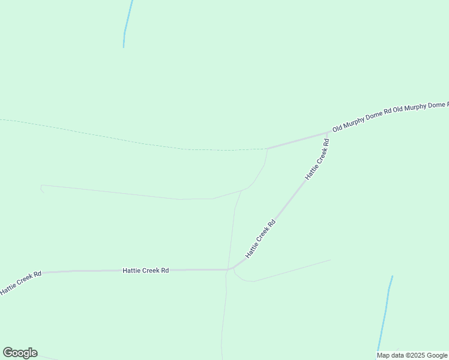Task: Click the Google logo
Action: pos(20,353)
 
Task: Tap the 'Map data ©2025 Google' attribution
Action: pos(412,355)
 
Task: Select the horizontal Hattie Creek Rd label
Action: pos(145,271)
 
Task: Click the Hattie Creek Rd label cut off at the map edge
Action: pos(20,283)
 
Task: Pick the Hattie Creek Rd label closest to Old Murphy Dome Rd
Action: pos(318,160)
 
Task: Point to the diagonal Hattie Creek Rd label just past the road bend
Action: pos(260,239)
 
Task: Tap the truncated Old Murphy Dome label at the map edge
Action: pos(421,107)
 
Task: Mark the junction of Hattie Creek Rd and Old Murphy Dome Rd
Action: pos(328,133)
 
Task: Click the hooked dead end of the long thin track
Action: pos(41,188)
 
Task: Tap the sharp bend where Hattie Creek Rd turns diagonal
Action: pos(231,269)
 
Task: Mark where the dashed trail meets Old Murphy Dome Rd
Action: pos(267,148)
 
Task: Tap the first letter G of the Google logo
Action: pos(8,352)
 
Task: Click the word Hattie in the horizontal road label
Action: pos(131,271)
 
